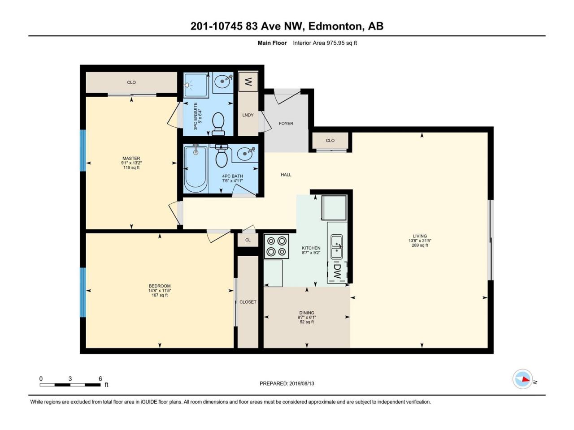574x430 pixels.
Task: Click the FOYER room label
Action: [286, 124]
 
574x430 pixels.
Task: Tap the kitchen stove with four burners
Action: [276, 246]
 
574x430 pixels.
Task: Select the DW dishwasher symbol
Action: [337, 272]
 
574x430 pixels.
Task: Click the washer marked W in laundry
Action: [248, 82]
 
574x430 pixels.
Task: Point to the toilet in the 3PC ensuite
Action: [218, 124]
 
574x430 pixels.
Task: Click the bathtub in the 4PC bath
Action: [196, 169]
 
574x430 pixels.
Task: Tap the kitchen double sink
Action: [337, 247]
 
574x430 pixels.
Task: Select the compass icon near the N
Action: [522, 379]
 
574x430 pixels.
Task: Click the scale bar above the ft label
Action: [70, 385]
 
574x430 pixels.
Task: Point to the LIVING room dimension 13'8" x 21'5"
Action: [418, 241]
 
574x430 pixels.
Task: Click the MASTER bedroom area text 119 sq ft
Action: [131, 168]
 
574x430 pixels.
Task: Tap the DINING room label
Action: [307, 313]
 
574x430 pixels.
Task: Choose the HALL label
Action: [286, 175]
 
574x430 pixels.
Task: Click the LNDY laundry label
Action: [248, 115]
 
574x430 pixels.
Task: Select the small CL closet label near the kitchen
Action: [248, 240]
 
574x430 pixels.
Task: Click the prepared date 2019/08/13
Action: [301, 383]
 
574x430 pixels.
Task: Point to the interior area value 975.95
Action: [335, 43]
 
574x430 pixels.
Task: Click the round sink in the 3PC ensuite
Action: [223, 81]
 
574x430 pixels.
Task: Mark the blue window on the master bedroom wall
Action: [83, 150]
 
